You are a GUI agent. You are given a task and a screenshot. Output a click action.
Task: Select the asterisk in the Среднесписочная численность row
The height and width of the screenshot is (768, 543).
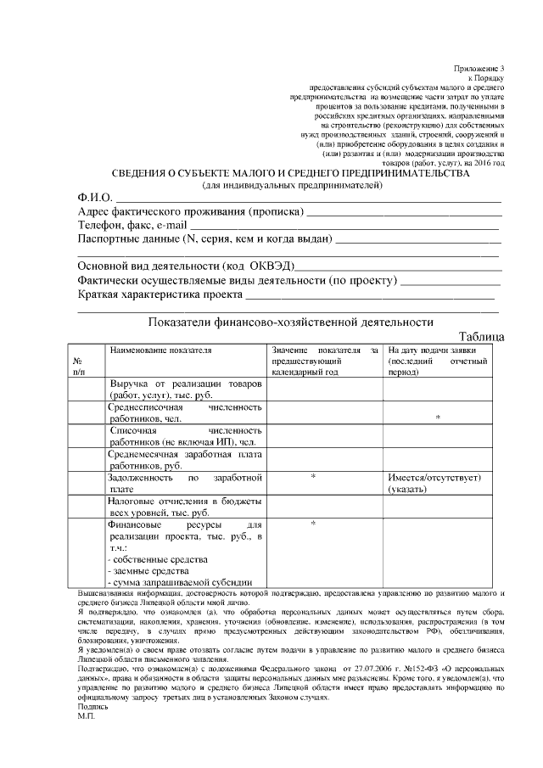tap(437, 418)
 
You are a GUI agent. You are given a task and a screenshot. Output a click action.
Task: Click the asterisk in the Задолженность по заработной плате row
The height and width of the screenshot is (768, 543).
tap(313, 478)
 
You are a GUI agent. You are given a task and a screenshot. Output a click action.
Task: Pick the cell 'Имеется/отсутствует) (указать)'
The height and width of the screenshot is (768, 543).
tap(434, 484)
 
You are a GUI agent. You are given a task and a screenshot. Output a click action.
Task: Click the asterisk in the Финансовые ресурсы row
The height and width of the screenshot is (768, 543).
tap(313, 524)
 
